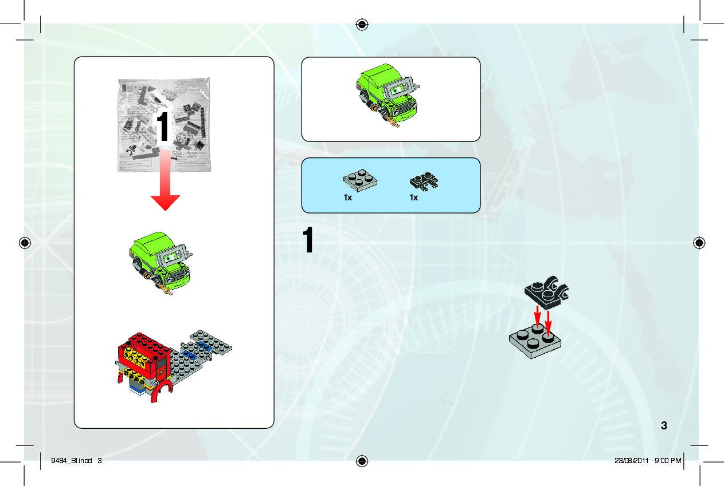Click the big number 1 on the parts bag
pyautogui.click(x=163, y=127)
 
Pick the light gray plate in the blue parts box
pyautogui.click(x=360, y=180)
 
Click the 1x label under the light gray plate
pyautogui.click(x=348, y=197)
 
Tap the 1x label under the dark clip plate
pyautogui.click(x=414, y=197)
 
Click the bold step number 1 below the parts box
pyautogui.click(x=308, y=242)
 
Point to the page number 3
pyautogui.click(x=664, y=425)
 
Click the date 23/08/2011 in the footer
pyautogui.click(x=631, y=460)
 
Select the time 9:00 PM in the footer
pyautogui.click(x=667, y=460)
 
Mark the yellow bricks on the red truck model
pyautogui.click(x=135, y=358)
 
